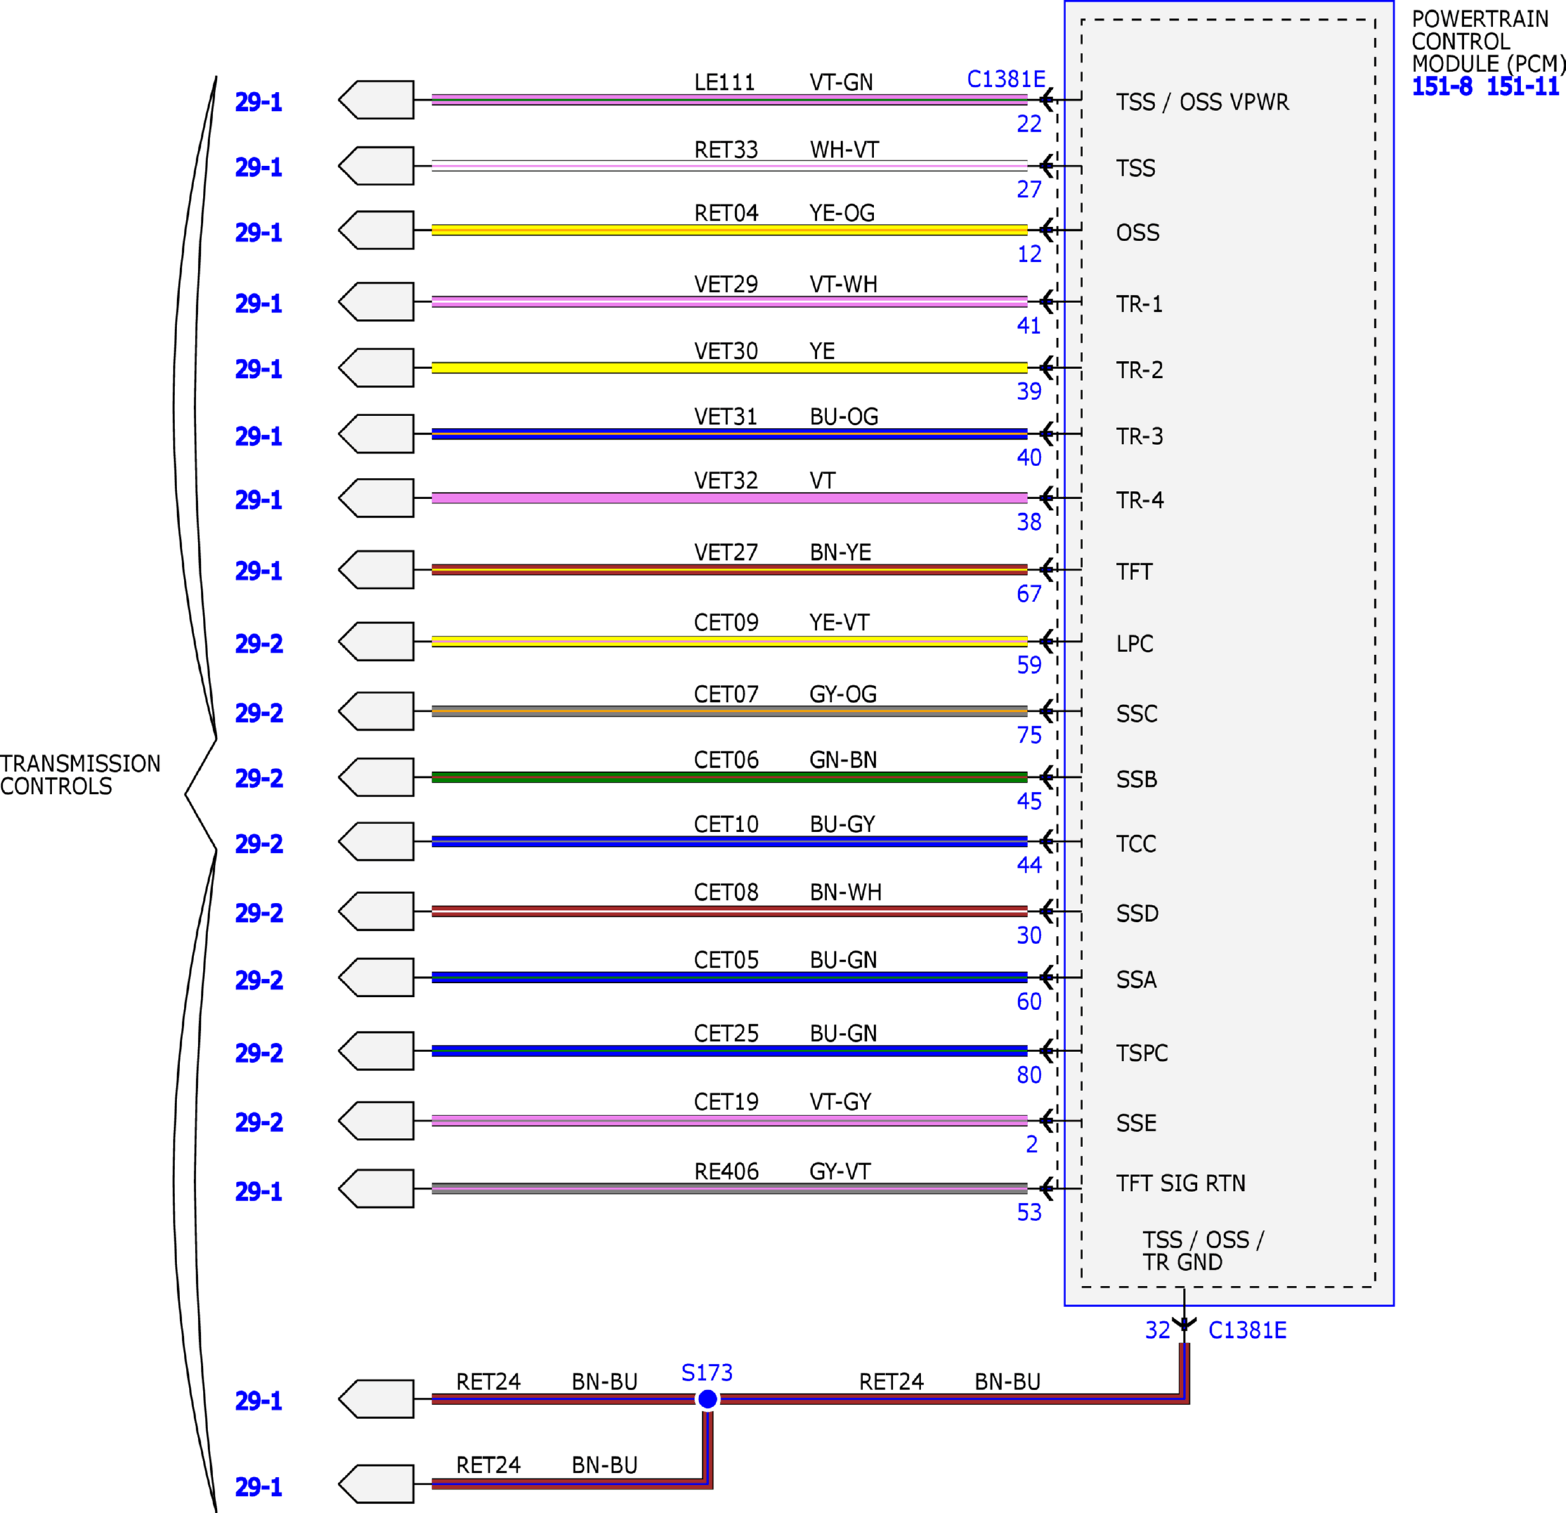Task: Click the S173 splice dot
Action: (707, 1399)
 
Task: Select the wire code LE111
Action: (724, 82)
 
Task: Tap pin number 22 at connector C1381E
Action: (1029, 124)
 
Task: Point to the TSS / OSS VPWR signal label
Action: (1203, 102)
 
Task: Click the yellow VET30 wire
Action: (729, 368)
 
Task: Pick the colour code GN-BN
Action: (843, 759)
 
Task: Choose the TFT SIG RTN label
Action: (1181, 1183)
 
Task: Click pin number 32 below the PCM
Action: (1158, 1330)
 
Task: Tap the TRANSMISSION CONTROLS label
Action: (80, 775)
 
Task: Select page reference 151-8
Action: (1441, 86)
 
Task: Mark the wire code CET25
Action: (726, 1034)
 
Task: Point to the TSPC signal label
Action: (1142, 1053)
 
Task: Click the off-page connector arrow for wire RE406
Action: (376, 1189)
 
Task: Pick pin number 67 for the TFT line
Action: (1029, 593)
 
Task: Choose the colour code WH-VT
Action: (844, 150)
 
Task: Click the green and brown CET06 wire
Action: (729, 776)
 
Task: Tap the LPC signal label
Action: (1134, 644)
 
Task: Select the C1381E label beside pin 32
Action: (1247, 1330)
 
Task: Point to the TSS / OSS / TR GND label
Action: (1203, 1251)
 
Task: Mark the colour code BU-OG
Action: (844, 416)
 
